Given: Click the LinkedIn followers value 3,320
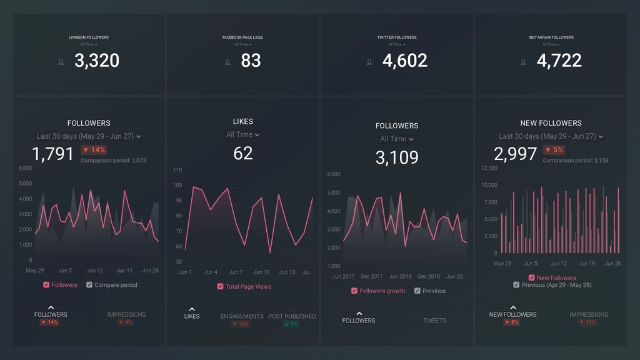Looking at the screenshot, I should tap(96, 61).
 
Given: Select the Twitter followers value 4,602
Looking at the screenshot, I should tap(404, 61).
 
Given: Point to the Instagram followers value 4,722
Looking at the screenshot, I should tap(559, 61).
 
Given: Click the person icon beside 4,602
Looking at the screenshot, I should tap(369, 62).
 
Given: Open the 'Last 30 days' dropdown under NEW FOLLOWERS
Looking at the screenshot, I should tap(551, 136).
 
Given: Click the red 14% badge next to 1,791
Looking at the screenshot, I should tap(94, 150).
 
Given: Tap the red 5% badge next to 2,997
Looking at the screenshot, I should tap(554, 150).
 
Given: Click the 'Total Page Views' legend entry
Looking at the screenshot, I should tap(244, 286).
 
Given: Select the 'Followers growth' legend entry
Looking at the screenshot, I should tap(378, 291).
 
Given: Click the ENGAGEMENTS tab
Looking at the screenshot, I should tap(241, 316).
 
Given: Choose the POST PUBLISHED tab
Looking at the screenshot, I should tap(292, 316).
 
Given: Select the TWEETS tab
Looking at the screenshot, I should tap(434, 321).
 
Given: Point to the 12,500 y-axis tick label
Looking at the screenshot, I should tap(489, 168).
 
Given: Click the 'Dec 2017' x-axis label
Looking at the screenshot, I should tap(372, 276).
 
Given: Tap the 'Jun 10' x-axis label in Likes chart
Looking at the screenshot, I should tap(261, 272).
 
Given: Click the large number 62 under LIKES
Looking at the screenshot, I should tap(243, 152).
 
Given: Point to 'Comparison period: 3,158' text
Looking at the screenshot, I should tap(575, 161).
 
